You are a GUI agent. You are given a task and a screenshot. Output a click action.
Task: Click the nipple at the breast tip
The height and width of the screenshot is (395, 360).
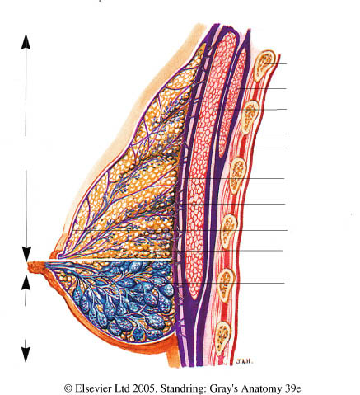[36, 267]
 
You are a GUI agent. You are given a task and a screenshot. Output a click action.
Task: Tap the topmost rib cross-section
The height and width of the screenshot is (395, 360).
[264, 65]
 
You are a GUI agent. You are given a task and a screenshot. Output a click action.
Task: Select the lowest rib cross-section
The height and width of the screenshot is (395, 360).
[223, 339]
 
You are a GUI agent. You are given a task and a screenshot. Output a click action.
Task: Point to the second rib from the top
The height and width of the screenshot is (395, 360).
[250, 115]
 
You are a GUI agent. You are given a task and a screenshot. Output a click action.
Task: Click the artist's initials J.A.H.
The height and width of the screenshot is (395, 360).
[244, 362]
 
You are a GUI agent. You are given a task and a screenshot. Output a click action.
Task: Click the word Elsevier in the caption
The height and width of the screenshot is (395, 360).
[91, 388]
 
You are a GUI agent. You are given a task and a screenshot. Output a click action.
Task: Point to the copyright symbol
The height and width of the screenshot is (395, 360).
[68, 388]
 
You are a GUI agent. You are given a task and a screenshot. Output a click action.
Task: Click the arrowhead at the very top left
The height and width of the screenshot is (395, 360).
[26, 41]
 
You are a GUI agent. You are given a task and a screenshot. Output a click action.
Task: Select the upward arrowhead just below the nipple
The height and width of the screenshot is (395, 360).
[26, 282]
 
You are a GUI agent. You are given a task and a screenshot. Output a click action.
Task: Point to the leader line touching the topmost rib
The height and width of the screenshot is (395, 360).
[276, 64]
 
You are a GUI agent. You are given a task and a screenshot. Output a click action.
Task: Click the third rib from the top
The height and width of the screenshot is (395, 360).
[237, 176]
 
